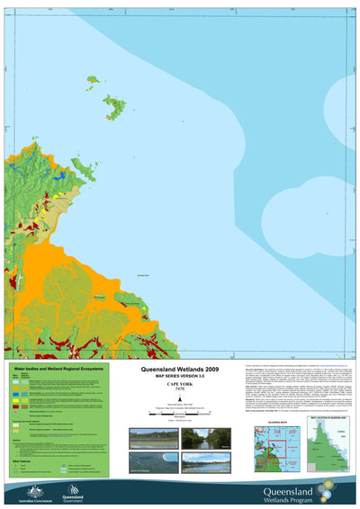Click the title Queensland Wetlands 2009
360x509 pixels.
pos(180,369)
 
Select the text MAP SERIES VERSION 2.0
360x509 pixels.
pos(180,376)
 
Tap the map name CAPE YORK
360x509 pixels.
pos(180,386)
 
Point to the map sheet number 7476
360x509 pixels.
pos(180,392)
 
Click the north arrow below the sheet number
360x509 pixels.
pos(180,402)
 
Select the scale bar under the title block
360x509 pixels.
pos(180,413)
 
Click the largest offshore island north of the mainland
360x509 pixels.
pos(115,108)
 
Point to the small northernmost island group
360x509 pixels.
pos(92,80)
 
